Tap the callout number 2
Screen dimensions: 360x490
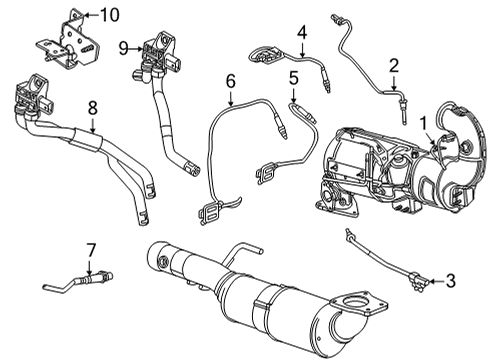394,66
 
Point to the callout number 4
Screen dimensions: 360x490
301,35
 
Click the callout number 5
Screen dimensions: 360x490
292,77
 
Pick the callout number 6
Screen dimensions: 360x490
229,80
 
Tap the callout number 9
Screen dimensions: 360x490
123,47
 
